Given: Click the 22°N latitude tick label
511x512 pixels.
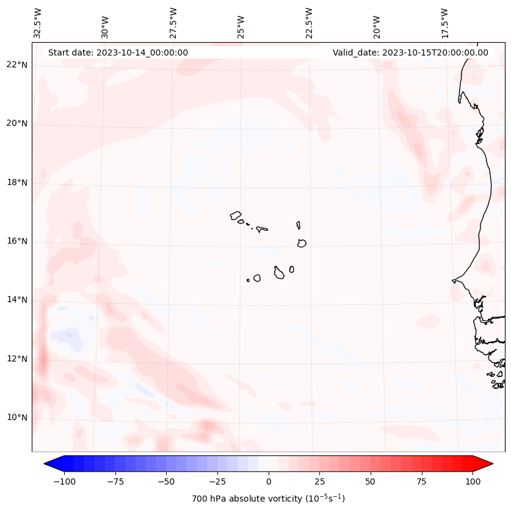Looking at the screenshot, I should (17, 65).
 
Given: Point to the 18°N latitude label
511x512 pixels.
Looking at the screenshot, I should (17, 182).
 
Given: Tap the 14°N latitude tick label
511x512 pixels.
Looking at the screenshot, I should (17, 300).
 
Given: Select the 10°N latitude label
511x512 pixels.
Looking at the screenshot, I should (17, 417).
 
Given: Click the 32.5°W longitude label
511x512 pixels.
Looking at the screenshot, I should (38, 23).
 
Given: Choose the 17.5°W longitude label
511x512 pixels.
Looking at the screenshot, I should (444, 23).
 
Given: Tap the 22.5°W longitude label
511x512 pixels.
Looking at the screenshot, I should (309, 23).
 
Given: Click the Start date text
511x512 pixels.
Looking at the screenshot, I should (118, 52).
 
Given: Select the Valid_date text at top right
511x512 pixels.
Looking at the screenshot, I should (410, 52).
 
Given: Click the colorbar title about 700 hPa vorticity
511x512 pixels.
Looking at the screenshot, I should (268, 499).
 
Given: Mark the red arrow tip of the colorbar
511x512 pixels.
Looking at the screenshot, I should (491, 464).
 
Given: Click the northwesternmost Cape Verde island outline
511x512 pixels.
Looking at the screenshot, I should (236, 215).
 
